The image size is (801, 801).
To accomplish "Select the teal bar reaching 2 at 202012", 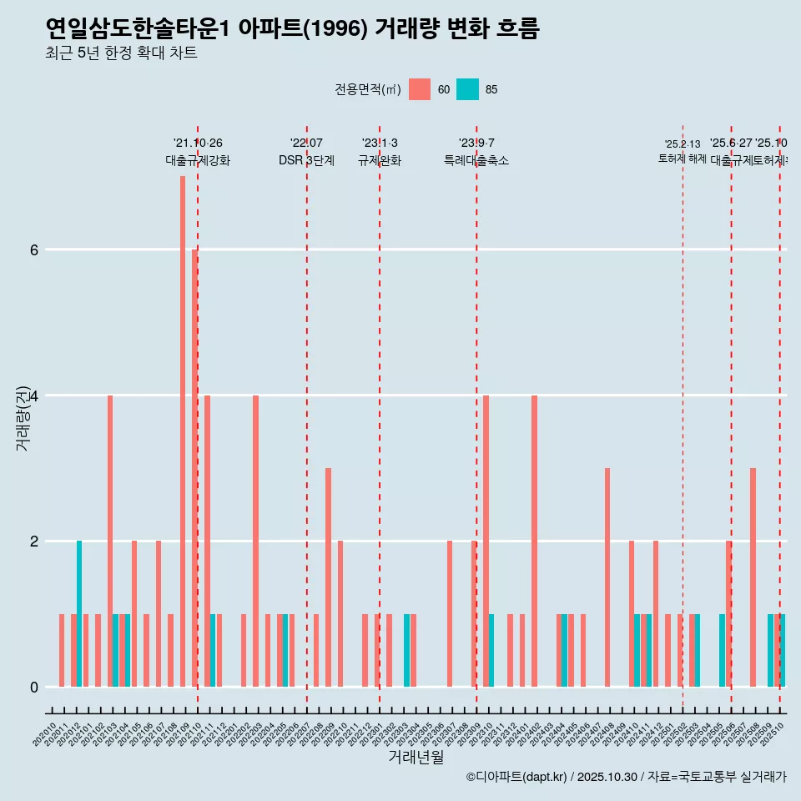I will (x=79, y=613).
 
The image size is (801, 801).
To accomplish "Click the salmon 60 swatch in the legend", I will (x=420, y=89).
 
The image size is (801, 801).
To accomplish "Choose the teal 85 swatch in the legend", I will (x=467, y=89).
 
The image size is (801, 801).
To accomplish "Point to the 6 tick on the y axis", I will (x=33, y=249).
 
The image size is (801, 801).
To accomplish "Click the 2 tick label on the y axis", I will (x=33, y=541).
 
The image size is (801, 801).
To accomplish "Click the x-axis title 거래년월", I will (x=416, y=757).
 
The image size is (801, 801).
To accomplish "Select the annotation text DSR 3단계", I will (x=306, y=160).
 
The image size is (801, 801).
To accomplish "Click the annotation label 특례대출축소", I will (x=476, y=160).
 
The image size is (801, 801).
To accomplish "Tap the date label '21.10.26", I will (x=198, y=144).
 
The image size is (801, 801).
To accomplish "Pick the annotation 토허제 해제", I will (x=683, y=159).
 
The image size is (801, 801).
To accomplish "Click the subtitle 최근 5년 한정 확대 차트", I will (x=121, y=54).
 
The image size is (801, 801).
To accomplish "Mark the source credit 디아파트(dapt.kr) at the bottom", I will (x=517, y=777).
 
